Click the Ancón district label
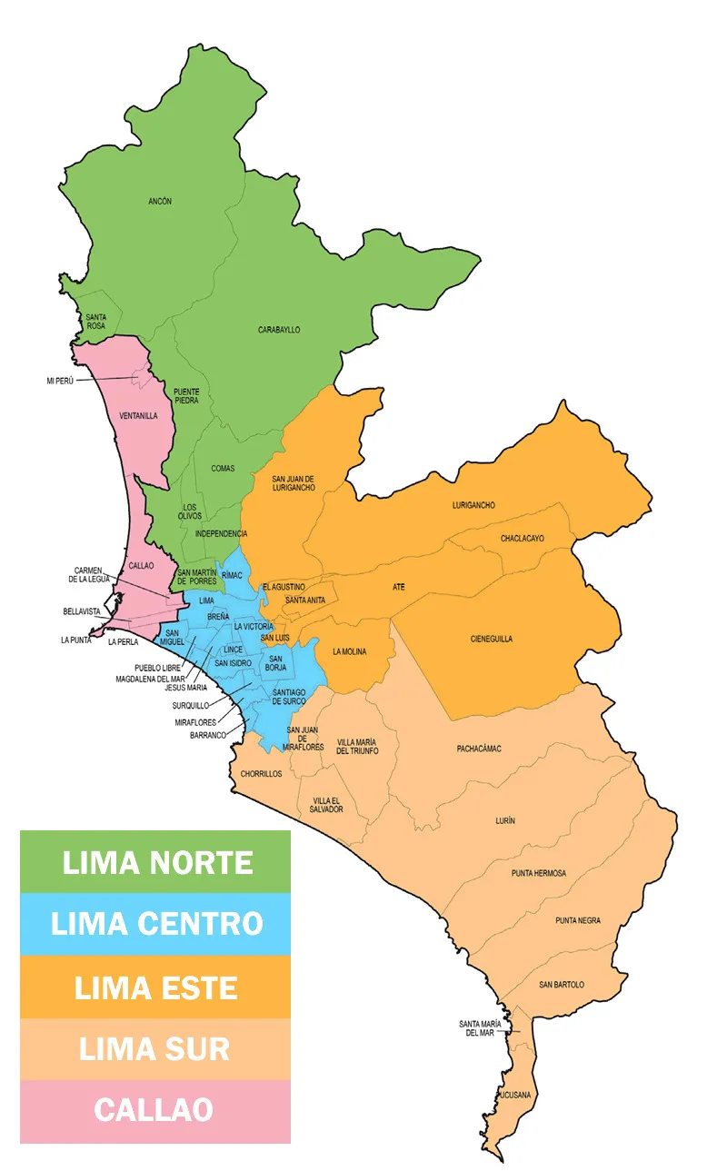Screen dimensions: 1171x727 pos(160,201)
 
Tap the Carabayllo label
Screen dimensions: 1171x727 pos(279,330)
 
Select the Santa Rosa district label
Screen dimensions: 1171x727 pos(95,321)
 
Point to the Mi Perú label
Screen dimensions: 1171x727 pos(60,381)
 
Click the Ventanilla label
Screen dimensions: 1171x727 pos(138,416)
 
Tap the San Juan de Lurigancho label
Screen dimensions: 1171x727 pos(294,482)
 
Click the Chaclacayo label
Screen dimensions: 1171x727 pos(522,539)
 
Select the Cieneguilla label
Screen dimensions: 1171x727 pos(492,639)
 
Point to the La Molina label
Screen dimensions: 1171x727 pos(349,651)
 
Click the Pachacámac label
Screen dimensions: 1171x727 pos(479,749)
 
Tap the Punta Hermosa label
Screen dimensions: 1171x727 pos(538,873)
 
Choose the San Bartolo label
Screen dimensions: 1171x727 pos(561,985)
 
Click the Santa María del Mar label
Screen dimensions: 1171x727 pos(479,1028)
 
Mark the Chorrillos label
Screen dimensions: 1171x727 pos(261,774)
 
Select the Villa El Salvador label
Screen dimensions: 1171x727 pos(326,804)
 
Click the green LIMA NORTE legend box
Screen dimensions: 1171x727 pos(155,862)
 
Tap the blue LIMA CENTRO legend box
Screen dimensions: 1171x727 pos(155,924)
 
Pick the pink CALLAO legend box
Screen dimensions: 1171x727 pos(155,1110)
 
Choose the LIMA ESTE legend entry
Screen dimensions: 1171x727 pos(155,987)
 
